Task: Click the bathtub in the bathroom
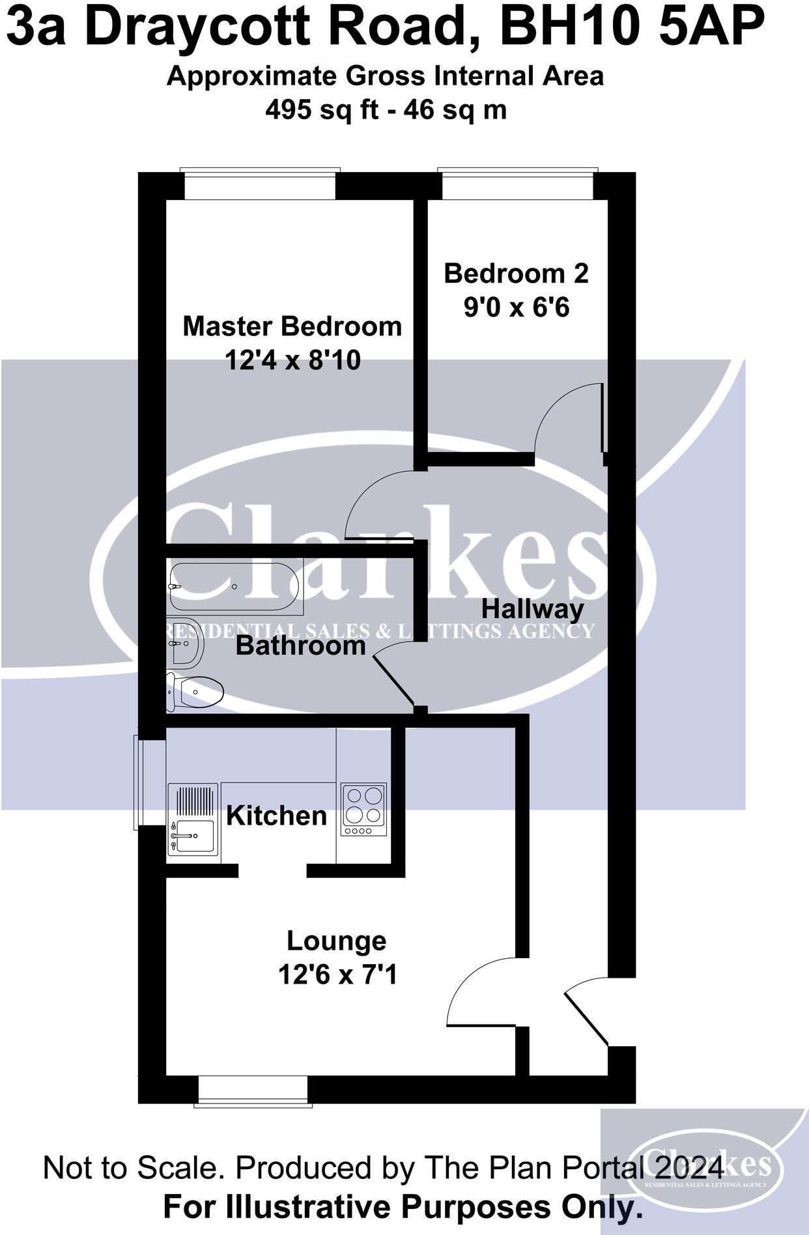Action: click(x=235, y=586)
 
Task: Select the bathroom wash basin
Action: click(x=185, y=643)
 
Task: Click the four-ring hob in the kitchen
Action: click(x=364, y=810)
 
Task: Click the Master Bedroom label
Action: click(x=292, y=326)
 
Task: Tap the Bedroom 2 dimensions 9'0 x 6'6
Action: click(x=517, y=307)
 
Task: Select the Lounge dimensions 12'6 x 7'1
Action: click(x=337, y=975)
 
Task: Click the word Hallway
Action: click(x=533, y=610)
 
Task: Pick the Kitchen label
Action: click(x=276, y=816)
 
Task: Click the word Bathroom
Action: click(x=301, y=646)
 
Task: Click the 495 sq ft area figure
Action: click(x=322, y=109)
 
